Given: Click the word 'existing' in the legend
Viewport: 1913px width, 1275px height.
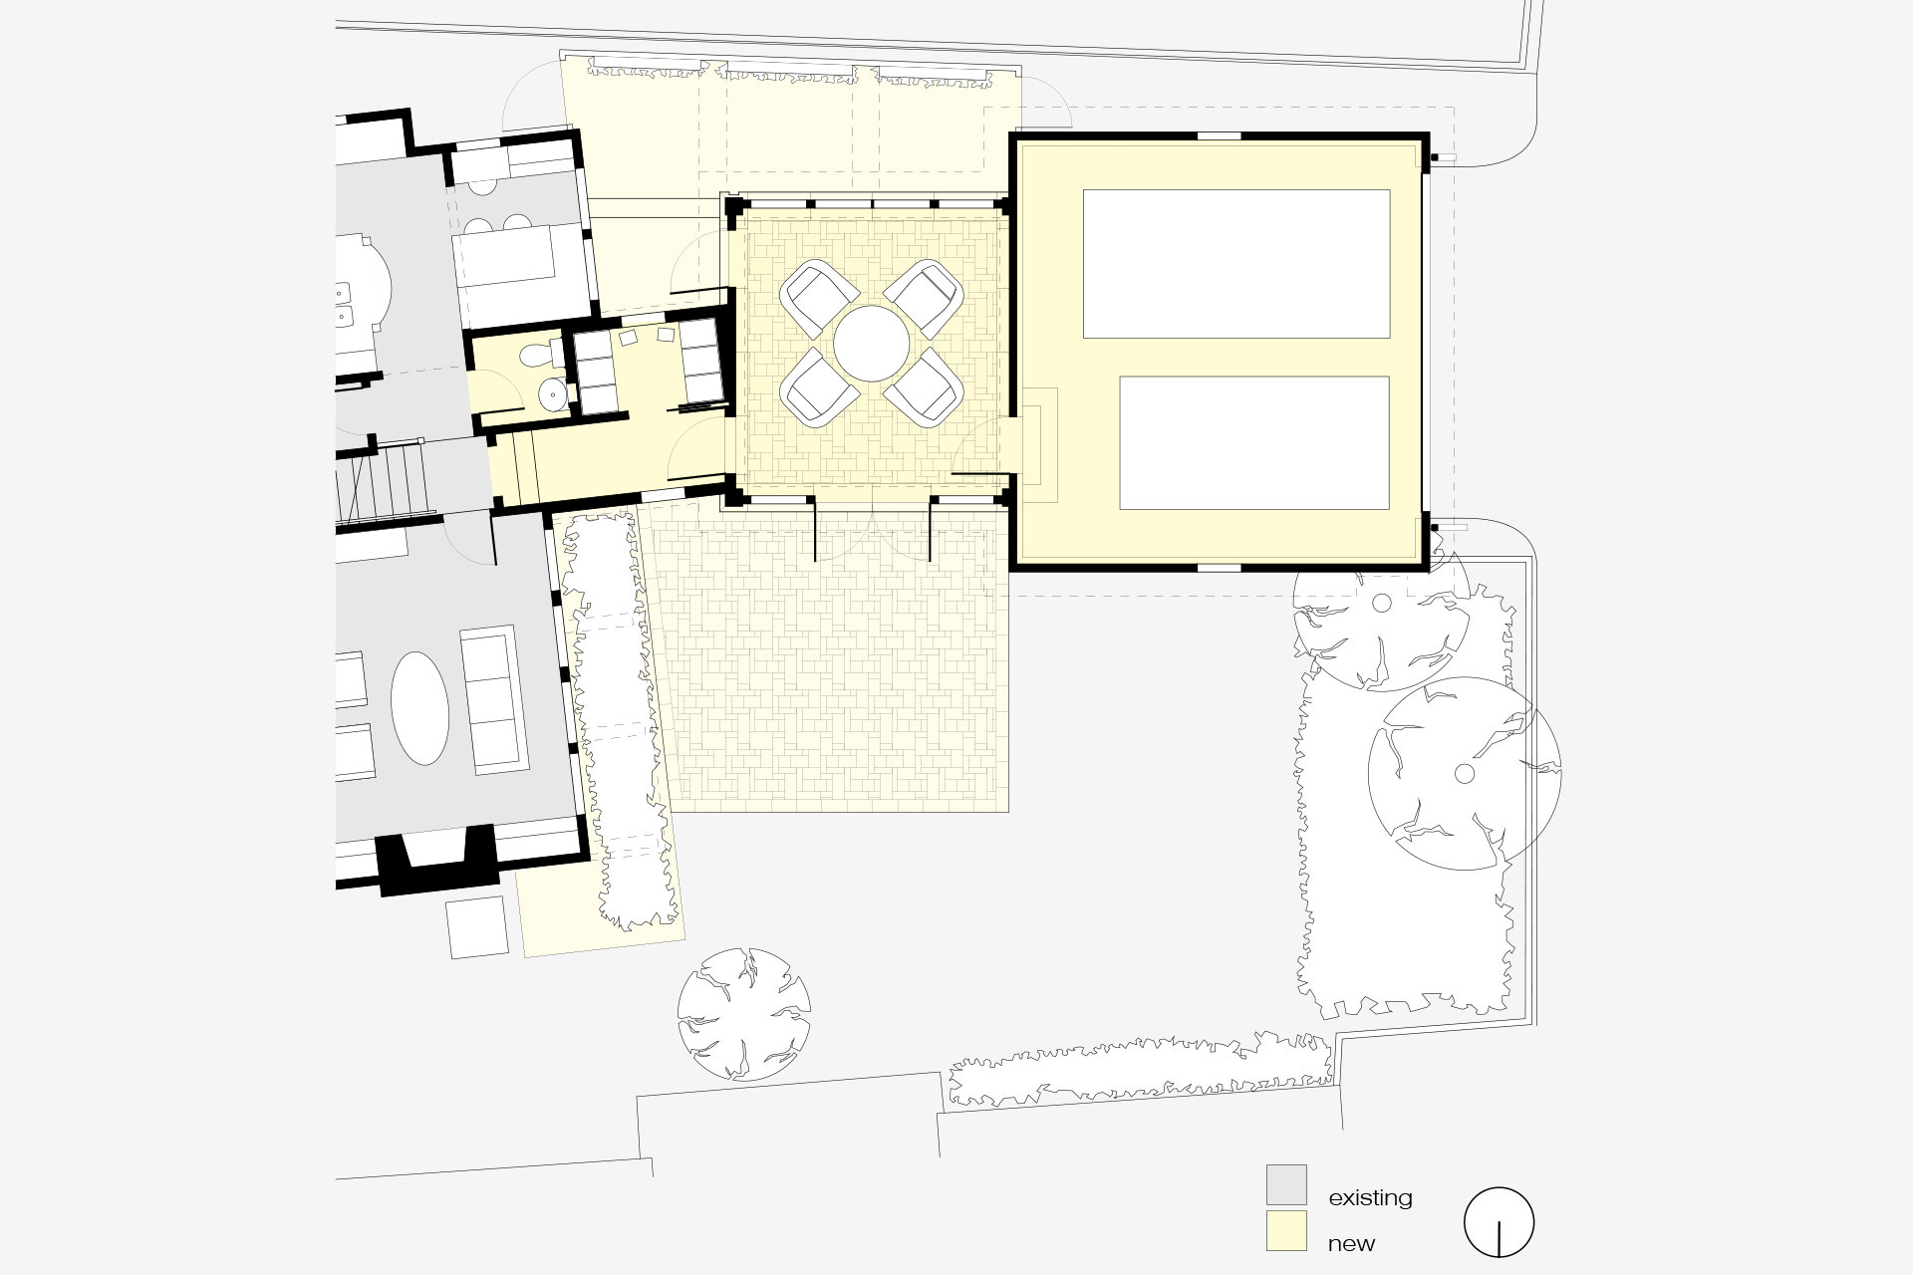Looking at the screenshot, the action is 1370,1197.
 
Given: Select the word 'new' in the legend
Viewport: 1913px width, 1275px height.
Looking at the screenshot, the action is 1351,1244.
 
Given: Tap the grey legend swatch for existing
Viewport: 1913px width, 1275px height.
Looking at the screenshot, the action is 1286,1184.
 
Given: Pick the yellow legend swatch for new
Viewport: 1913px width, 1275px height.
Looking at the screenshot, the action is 1286,1230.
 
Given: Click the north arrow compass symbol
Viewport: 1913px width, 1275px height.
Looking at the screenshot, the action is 1499,1222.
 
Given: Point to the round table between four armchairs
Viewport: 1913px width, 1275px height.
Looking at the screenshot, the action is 872,343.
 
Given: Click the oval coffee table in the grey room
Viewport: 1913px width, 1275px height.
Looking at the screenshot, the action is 420,708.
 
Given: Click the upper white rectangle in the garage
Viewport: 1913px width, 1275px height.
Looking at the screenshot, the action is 1236,264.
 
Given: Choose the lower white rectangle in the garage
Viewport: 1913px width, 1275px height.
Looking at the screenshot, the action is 1254,442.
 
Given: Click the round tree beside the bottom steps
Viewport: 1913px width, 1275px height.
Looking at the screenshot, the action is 743,1014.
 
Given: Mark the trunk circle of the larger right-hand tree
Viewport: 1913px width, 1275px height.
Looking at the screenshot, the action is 1464,773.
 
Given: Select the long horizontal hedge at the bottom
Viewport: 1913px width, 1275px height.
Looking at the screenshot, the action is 1140,1070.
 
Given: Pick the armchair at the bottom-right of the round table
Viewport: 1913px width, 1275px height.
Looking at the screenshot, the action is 924,387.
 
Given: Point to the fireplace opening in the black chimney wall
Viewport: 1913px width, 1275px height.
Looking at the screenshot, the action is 437,848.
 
